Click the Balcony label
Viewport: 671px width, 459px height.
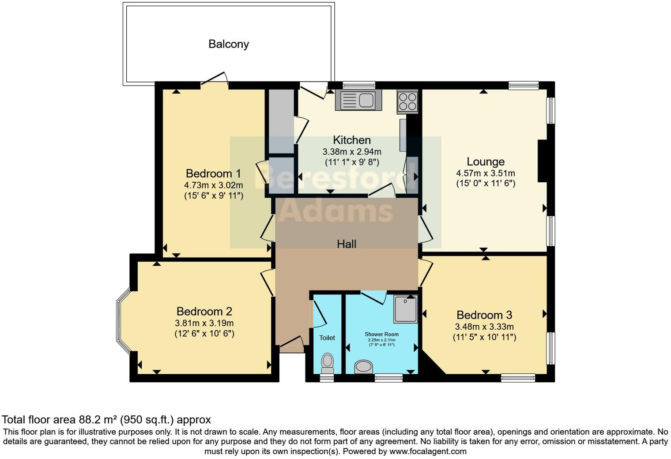[228, 44]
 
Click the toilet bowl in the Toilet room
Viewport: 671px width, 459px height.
[327, 361]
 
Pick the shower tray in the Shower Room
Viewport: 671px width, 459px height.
[405, 309]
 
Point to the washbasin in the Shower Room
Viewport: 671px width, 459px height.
[363, 366]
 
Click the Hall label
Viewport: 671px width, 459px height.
[347, 244]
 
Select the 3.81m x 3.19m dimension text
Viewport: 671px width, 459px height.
[204, 323]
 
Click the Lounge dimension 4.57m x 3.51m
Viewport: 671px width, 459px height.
[486, 173]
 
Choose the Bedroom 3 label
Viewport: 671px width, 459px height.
[484, 315]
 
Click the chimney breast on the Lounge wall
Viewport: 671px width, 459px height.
[543, 161]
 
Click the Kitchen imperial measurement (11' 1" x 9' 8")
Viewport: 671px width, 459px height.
[352, 162]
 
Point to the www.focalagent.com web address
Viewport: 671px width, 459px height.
[428, 451]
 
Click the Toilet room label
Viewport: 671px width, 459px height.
[327, 338]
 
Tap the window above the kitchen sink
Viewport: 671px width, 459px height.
[358, 85]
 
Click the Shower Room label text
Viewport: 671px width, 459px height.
[381, 334]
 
